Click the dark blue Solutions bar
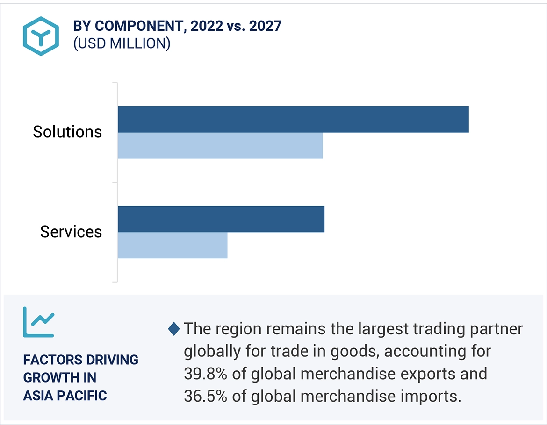pos(293,120)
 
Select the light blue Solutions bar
pos(220,146)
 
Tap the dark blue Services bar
pos(221,219)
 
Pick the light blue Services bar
pos(172,245)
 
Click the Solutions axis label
pos(67,132)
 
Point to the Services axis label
pos(71,232)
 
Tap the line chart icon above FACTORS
pos(38,322)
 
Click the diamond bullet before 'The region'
pos(173,329)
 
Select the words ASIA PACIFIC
pos(65,396)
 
